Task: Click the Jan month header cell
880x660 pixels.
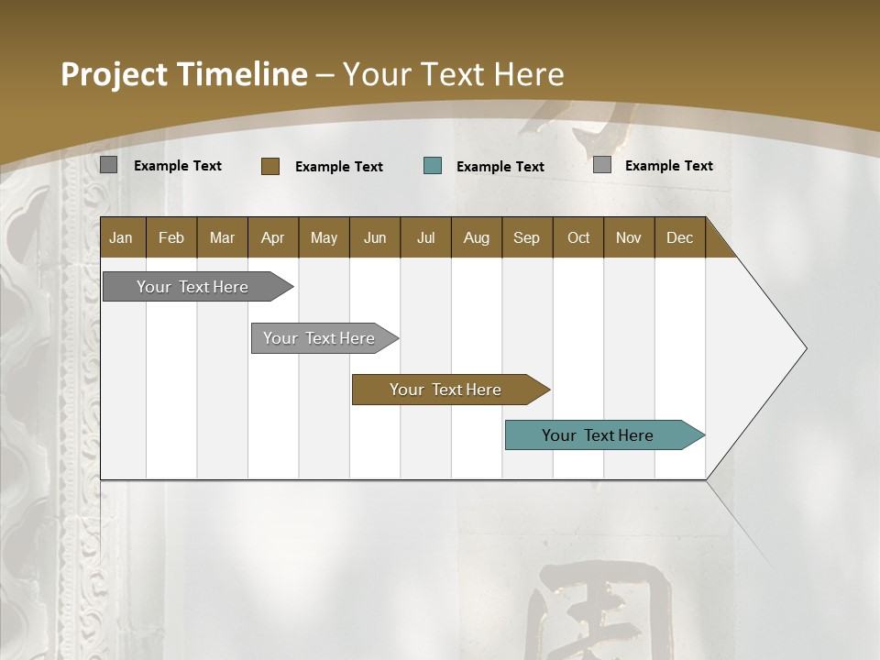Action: pyautogui.click(x=121, y=237)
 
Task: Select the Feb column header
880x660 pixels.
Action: pyautogui.click(x=171, y=237)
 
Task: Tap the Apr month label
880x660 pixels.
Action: pyautogui.click(x=272, y=237)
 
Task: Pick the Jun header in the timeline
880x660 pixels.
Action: pyautogui.click(x=375, y=237)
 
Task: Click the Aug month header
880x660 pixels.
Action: pyautogui.click(x=476, y=237)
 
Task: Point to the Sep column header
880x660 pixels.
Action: pyautogui.click(x=526, y=237)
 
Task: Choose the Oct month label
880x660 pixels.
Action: pyautogui.click(x=578, y=237)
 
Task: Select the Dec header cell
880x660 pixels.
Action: pyautogui.click(x=679, y=237)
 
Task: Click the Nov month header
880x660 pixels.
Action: pyautogui.click(x=629, y=237)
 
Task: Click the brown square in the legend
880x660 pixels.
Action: pyautogui.click(x=270, y=166)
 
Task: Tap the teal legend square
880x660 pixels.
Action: pyautogui.click(x=433, y=166)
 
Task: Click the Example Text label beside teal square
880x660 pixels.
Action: pyautogui.click(x=500, y=167)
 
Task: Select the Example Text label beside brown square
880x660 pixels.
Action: pyautogui.click(x=339, y=167)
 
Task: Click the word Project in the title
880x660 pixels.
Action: pyautogui.click(x=115, y=74)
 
